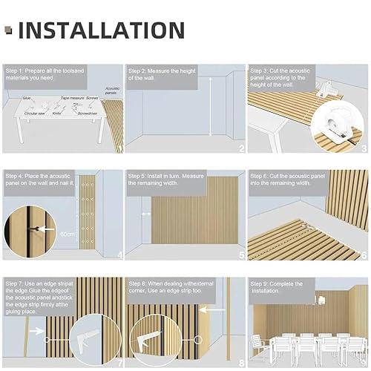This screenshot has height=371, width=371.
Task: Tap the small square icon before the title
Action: point(9,30)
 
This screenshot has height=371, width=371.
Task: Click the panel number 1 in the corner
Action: point(119,148)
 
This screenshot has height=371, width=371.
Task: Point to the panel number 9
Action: point(364,362)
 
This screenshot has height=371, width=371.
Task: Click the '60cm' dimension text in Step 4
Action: point(68,235)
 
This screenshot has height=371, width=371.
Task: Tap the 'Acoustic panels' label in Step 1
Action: point(112,91)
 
